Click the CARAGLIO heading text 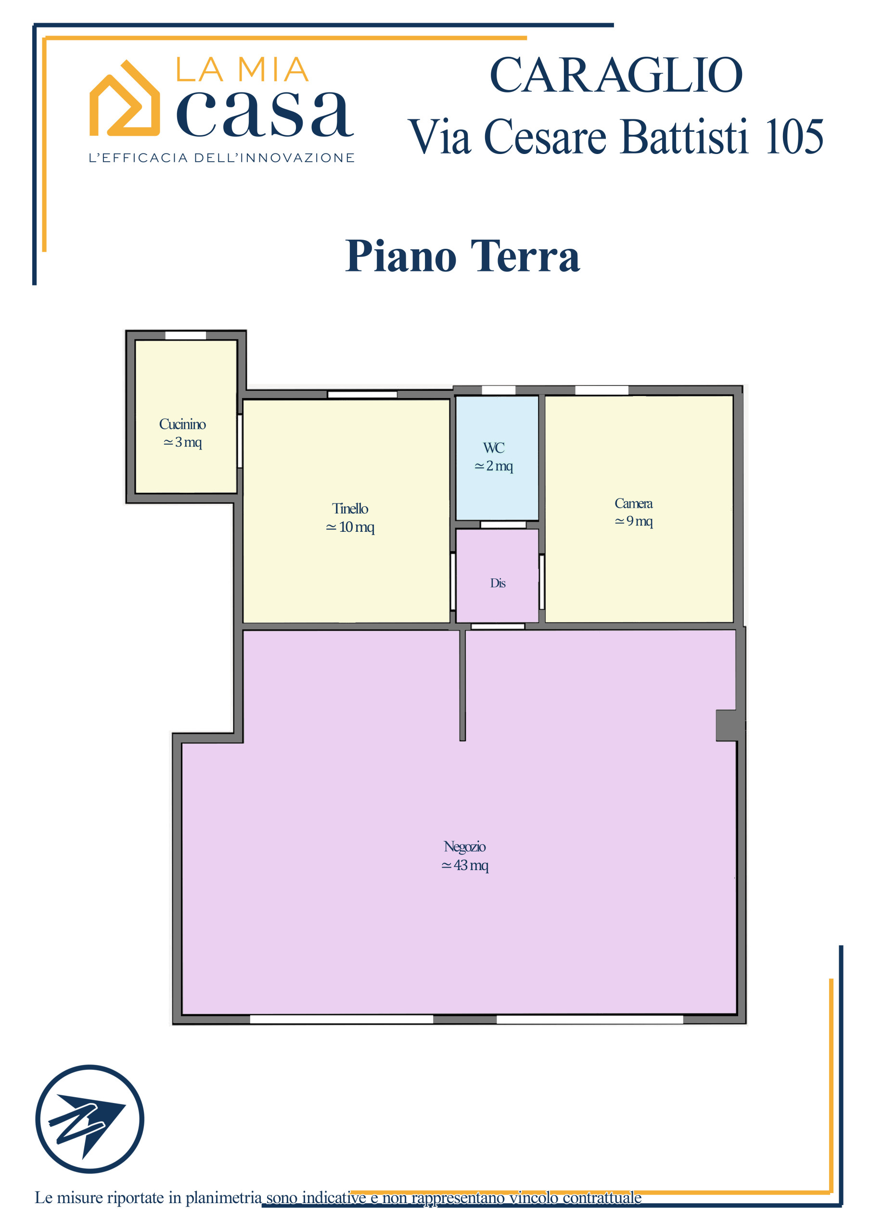coord(615,75)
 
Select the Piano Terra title coord(462,256)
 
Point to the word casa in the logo coord(265,114)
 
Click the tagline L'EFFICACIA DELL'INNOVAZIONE coord(221,158)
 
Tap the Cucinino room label coord(182,424)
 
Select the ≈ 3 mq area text coord(182,442)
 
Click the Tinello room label coord(350,508)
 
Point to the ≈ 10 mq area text coord(350,527)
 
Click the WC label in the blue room coord(494,448)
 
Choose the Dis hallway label coord(498,583)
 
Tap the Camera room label coord(633,503)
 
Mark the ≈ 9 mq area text coord(633,521)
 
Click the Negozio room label coord(465,847)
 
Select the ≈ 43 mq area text coord(465,865)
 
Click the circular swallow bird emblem coord(90,1119)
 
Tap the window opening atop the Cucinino coord(185,335)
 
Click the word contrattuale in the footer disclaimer coord(602,1197)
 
